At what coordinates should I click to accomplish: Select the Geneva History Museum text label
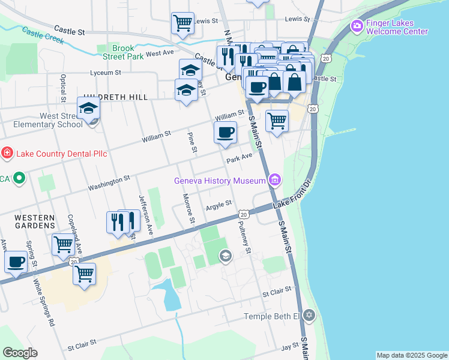[220, 181]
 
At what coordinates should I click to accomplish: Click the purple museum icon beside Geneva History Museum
[275, 179]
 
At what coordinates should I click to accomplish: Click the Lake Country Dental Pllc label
[61, 154]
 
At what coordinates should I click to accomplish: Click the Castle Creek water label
[42, 35]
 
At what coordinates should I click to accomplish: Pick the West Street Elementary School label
[44, 120]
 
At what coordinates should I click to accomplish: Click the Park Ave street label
[239, 159]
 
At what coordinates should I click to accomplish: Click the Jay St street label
[291, 347]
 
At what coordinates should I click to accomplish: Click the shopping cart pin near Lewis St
[182, 23]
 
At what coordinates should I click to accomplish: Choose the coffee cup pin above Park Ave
[226, 133]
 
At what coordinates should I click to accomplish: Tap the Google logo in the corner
[20, 353]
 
